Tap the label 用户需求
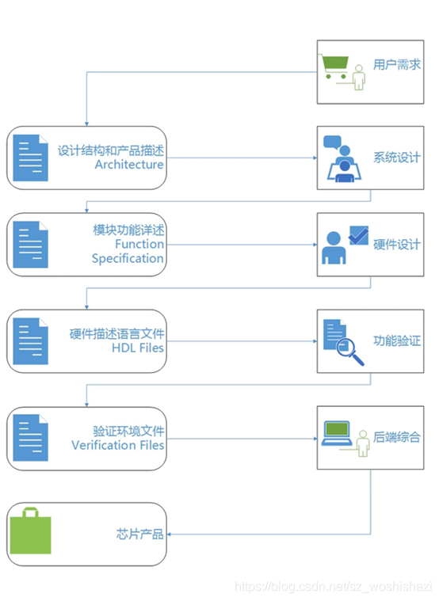coord(397,65)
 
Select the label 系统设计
coord(397,158)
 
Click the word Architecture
coord(129,165)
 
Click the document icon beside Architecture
coord(30,157)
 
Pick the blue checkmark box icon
coord(358,235)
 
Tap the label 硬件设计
coord(397,245)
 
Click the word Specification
coord(128,258)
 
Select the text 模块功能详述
coord(128,230)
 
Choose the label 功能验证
coord(397,342)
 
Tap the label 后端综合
coord(397,437)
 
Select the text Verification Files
coord(118,445)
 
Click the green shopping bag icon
coord(29,531)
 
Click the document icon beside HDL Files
coord(30,340)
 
